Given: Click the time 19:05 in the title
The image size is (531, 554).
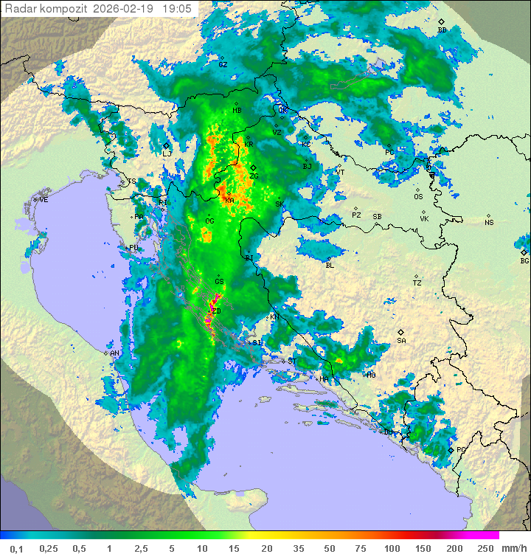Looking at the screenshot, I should click(177, 9).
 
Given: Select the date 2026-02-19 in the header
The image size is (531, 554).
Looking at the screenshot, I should click(127, 9).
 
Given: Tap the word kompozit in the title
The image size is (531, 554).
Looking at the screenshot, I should click(66, 9).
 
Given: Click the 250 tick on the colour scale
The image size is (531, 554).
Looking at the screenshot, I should click(485, 548).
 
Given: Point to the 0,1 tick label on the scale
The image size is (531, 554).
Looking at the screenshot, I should click(17, 548).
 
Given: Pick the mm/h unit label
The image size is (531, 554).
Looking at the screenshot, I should click(514, 548).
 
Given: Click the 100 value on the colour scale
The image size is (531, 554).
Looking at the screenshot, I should click(391, 548).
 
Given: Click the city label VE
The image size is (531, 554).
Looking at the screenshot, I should click(44, 200).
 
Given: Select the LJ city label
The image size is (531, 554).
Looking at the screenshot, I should click(167, 153).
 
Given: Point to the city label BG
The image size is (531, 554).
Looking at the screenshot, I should click(524, 260).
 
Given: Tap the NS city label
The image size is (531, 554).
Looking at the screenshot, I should click(489, 222).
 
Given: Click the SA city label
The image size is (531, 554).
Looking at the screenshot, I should click(401, 340).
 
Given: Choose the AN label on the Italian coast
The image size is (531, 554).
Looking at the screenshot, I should click(114, 353).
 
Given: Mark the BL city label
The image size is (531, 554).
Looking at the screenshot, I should click(330, 265).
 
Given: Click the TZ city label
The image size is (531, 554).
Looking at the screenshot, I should click(417, 283).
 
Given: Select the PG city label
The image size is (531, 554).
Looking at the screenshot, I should click(462, 449).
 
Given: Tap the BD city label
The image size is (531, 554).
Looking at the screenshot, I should click(442, 30).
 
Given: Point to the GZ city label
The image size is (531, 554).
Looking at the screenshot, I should click(223, 65).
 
